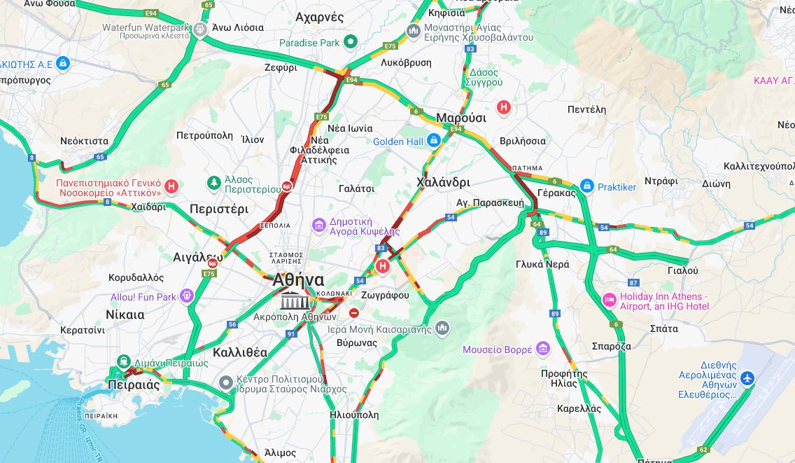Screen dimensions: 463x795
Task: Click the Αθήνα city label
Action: (x=298, y=279)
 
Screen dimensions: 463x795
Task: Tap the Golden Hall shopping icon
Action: (x=434, y=141)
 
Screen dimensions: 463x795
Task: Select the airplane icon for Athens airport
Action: (x=748, y=379)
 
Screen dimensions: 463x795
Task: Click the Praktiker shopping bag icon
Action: (x=586, y=186)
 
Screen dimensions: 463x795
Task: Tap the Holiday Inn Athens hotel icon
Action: (x=609, y=300)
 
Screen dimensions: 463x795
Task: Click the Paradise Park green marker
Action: (x=350, y=43)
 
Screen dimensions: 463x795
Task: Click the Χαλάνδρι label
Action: (x=443, y=182)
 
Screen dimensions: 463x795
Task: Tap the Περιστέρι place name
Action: (x=219, y=209)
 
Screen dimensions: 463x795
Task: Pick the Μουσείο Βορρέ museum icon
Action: (x=543, y=349)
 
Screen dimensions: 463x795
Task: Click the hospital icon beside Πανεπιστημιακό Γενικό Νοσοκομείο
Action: (x=171, y=186)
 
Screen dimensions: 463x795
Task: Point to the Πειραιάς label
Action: (x=133, y=385)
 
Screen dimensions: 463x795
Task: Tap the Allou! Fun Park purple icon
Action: (x=186, y=296)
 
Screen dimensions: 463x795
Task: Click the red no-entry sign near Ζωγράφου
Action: (x=354, y=313)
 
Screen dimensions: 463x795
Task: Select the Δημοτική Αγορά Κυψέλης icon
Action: (x=319, y=225)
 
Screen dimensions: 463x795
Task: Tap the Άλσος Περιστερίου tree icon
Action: (x=214, y=183)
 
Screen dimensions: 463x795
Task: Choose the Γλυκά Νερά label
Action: (x=542, y=264)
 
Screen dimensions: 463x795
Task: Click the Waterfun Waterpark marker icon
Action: (x=200, y=29)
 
